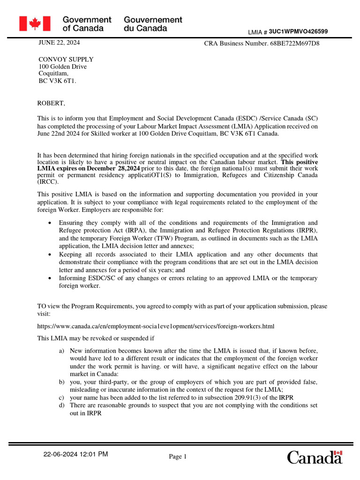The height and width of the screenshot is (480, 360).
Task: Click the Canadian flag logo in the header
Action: (34, 23)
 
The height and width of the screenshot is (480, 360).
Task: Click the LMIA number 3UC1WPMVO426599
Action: (298, 31)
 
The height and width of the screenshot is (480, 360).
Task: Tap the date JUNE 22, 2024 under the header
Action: (59, 43)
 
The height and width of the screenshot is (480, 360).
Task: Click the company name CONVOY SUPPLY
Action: (66, 60)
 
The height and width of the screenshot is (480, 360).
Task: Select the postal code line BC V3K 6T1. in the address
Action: (57, 81)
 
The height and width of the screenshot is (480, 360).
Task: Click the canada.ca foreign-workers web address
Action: (156, 326)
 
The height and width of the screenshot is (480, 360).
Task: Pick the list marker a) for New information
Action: (62, 351)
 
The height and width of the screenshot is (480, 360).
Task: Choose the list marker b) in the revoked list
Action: (62, 382)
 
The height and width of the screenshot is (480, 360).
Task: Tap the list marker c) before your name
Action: (62, 397)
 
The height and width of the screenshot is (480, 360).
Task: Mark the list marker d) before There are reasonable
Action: (62, 405)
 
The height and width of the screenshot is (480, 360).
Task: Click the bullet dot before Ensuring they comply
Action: (50, 223)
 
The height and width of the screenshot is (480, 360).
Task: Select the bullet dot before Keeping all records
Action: (50, 255)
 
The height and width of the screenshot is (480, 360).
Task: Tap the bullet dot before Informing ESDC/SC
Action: (50, 278)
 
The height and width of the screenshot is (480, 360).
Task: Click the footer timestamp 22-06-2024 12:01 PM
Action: (75, 454)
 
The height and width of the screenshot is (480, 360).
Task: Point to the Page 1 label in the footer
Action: (178, 457)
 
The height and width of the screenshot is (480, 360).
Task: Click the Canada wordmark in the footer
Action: (315, 457)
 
